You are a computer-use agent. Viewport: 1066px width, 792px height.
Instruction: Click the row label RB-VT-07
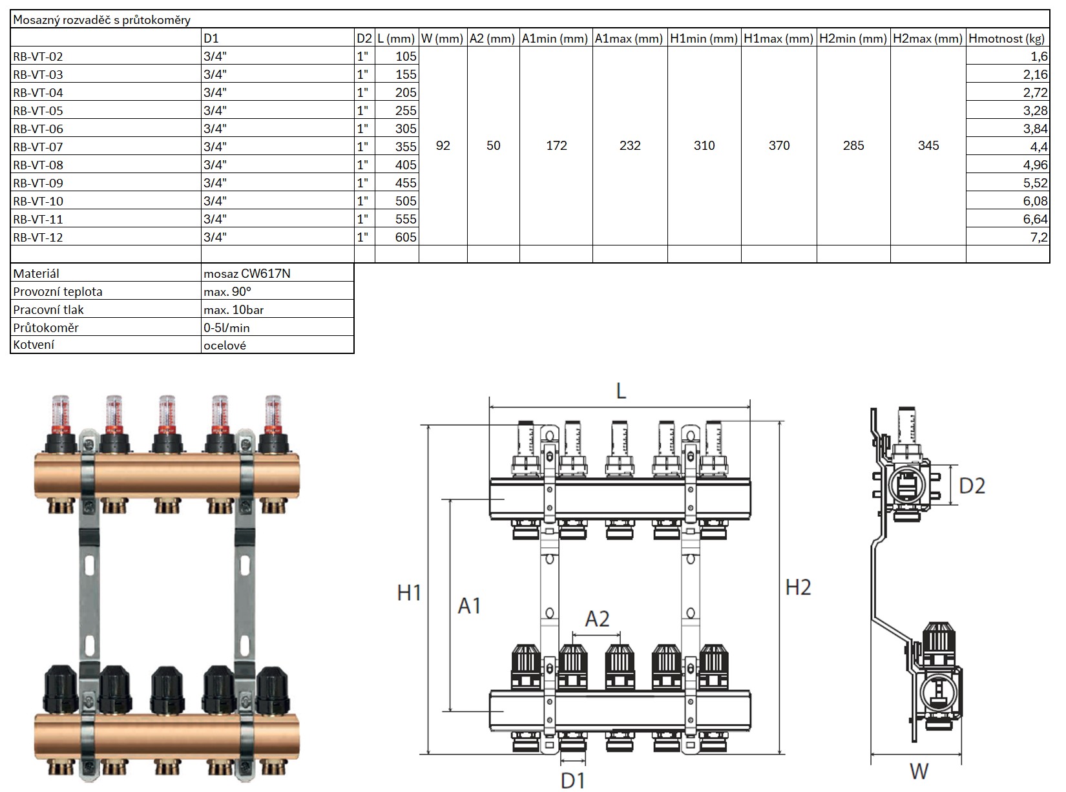[x=38, y=147]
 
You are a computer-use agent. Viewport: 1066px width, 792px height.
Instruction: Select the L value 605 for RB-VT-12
[x=406, y=237]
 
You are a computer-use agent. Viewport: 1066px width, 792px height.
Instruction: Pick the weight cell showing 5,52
[x=1035, y=183]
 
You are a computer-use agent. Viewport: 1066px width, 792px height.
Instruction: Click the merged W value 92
[x=443, y=145]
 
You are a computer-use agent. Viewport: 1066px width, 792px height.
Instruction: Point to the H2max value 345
[x=928, y=145]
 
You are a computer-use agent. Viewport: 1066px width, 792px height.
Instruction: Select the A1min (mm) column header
[x=555, y=38]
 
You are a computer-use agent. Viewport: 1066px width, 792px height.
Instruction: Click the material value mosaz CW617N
[x=247, y=273]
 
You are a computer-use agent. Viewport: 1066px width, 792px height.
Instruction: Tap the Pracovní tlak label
[x=48, y=309]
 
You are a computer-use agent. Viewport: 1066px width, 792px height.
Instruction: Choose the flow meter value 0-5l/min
[x=226, y=328]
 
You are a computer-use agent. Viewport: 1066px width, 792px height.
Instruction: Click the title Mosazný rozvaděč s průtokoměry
[x=101, y=20]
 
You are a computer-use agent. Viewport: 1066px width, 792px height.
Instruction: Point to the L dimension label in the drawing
[x=621, y=391]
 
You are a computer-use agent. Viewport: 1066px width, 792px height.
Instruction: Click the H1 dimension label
[x=408, y=592]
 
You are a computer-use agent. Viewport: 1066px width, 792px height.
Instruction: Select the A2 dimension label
[x=597, y=619]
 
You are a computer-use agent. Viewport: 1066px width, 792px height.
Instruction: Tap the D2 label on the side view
[x=972, y=486]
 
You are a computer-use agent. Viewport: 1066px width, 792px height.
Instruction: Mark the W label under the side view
[x=919, y=771]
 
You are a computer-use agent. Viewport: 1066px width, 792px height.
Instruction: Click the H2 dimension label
[x=798, y=587]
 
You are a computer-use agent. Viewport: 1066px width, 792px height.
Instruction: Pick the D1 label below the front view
[x=572, y=780]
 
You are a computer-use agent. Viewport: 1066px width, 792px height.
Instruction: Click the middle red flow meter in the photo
[x=167, y=413]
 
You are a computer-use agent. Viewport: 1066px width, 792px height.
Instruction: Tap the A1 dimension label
[x=469, y=605]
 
